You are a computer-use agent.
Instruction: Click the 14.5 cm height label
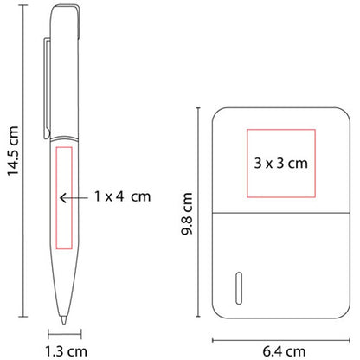pyautogui.click(x=13, y=151)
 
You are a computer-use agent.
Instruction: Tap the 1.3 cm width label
pyautogui.click(x=66, y=351)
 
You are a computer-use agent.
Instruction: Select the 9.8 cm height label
pyautogui.click(x=187, y=214)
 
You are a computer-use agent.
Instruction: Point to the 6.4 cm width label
pyautogui.click(x=284, y=351)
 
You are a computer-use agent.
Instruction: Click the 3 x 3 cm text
pyautogui.click(x=281, y=164)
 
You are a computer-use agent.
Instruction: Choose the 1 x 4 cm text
pyautogui.click(x=123, y=196)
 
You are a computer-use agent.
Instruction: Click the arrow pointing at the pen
pyautogui.click(x=74, y=198)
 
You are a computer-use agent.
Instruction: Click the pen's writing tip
pyautogui.click(x=63, y=320)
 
